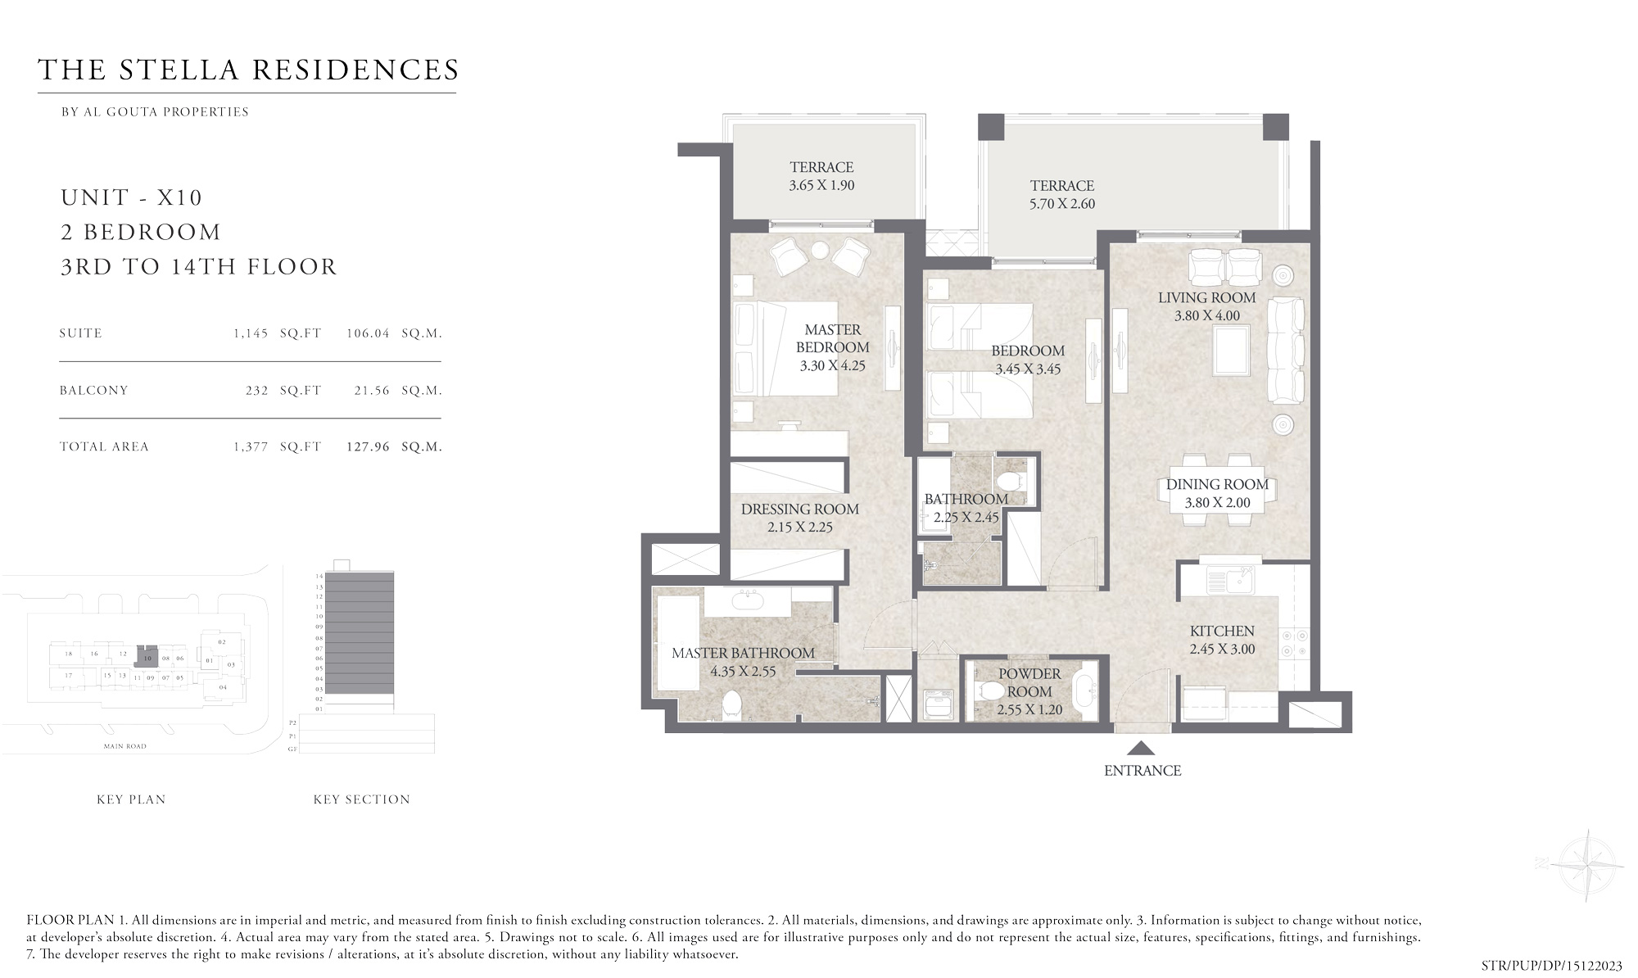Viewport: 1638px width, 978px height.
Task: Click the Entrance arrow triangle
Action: (1141, 748)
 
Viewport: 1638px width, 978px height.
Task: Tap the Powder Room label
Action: (1029, 682)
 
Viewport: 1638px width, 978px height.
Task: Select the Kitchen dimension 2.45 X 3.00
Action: (1222, 650)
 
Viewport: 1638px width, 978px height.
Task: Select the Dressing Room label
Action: (799, 509)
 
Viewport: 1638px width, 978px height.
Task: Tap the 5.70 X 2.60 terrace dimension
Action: (1061, 204)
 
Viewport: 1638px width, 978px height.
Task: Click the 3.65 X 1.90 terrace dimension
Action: (821, 185)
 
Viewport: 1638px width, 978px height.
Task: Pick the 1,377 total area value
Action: (251, 447)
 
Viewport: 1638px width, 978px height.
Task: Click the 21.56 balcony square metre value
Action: (372, 391)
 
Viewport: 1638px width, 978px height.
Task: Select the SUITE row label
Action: (81, 333)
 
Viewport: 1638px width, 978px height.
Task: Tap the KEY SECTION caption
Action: (361, 799)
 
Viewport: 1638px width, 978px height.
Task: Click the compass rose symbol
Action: (1587, 865)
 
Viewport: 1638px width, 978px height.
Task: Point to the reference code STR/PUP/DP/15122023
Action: (1551, 966)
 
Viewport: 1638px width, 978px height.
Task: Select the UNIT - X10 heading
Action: (132, 197)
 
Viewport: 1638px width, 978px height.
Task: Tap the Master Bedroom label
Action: (832, 338)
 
